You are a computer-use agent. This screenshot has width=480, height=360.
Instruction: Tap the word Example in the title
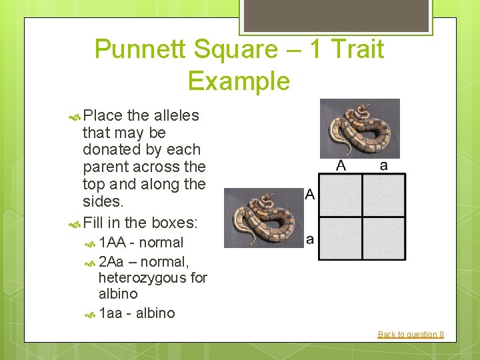coord(239,81)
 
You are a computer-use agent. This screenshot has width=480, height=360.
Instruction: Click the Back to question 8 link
coord(411,334)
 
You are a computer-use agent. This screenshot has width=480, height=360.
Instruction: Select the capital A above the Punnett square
coord(341,165)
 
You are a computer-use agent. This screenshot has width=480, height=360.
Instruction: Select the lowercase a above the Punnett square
coord(383,165)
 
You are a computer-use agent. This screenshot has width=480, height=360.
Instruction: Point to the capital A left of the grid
coord(310,195)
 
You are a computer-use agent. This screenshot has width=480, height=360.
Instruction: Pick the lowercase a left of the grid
coord(310,238)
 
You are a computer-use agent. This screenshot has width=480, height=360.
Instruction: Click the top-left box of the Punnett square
coord(340,195)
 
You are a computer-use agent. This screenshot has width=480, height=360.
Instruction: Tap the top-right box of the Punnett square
coord(383,195)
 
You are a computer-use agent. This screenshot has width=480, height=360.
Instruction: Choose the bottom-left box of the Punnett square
coord(340,238)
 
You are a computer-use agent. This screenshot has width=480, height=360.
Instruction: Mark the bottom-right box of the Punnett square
coord(383,238)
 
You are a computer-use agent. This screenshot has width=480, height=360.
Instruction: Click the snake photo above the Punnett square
coord(359,128)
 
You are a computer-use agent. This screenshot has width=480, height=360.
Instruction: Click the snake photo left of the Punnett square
coord(263,217)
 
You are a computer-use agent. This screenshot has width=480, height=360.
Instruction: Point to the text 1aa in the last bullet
coord(111,313)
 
